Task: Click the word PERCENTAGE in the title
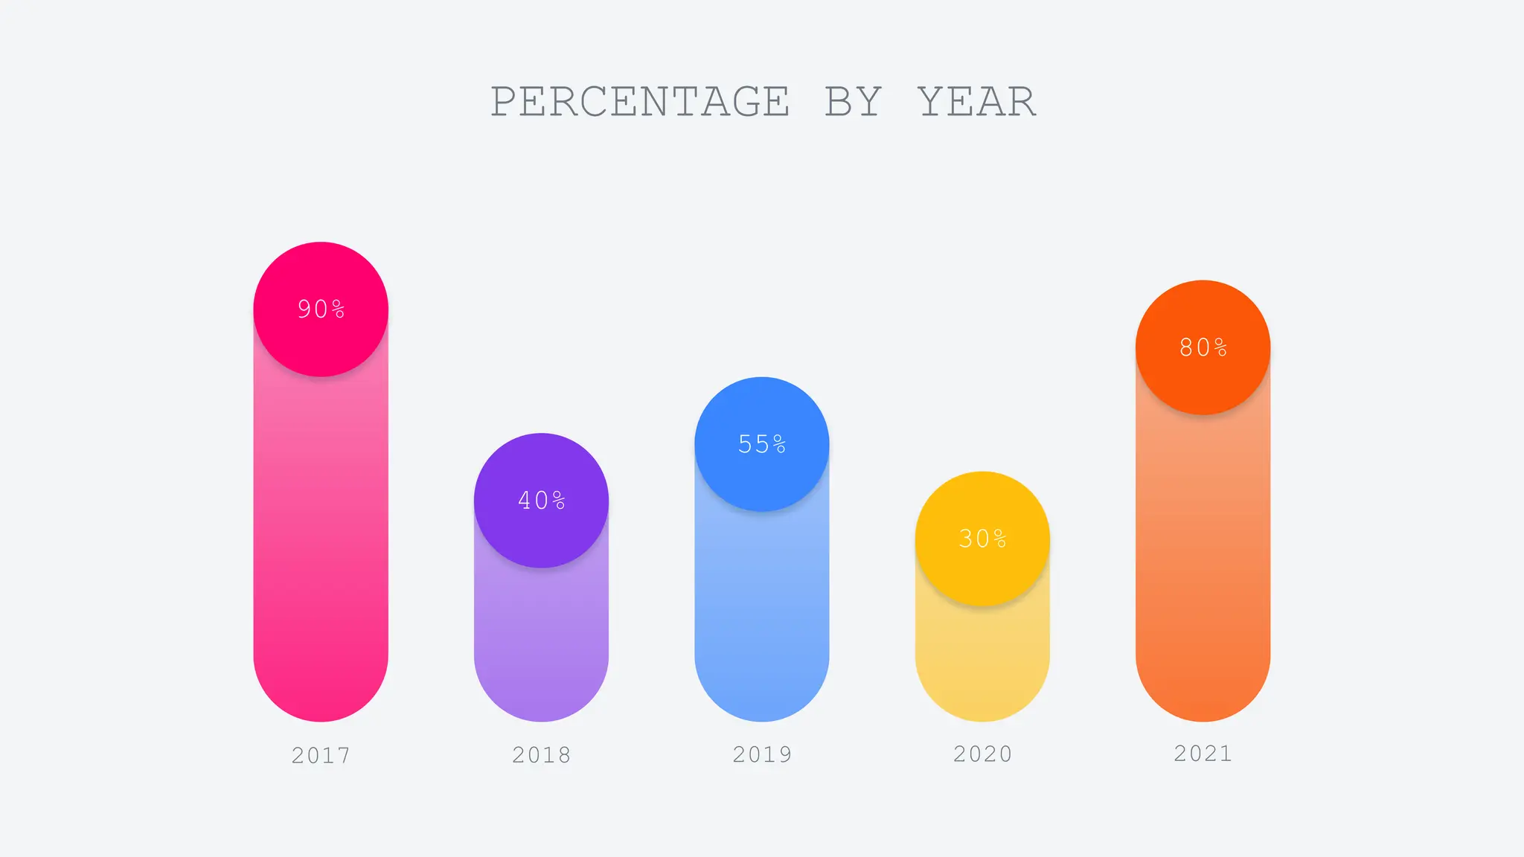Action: tap(640, 102)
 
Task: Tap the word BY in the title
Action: tap(853, 102)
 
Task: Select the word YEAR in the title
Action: tap(976, 102)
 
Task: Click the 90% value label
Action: tap(321, 309)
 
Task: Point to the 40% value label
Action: tap(542, 501)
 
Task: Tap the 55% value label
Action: tap(762, 444)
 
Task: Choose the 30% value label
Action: tap(982, 539)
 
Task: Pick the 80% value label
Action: tap(1203, 347)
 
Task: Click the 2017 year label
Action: tap(321, 756)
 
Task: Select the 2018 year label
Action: tap(542, 755)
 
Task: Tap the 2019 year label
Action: tap(762, 754)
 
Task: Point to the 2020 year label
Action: tap(982, 754)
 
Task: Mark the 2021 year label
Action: tap(1203, 754)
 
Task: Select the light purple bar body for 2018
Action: tap(542, 640)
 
